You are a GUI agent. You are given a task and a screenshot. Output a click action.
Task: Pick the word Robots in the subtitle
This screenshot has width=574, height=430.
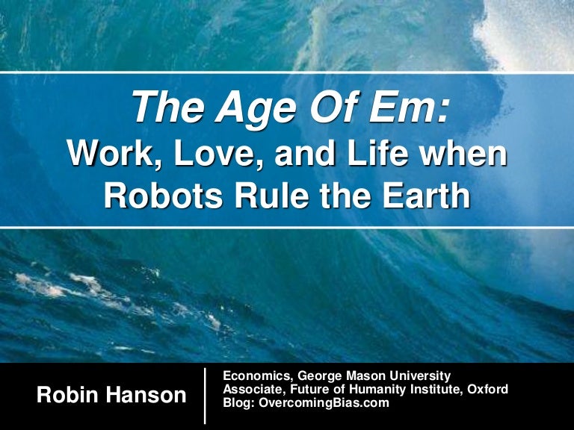pyautogui.click(x=163, y=195)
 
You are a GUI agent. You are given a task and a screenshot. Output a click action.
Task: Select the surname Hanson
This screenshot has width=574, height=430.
pyautogui.click(x=146, y=395)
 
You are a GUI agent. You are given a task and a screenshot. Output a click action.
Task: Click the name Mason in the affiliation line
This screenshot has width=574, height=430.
pyautogui.click(x=366, y=376)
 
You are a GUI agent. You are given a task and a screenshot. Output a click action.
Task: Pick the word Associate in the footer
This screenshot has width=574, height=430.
pyautogui.click(x=254, y=390)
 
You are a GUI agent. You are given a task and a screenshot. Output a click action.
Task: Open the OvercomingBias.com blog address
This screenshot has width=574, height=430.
pyautogui.click(x=324, y=403)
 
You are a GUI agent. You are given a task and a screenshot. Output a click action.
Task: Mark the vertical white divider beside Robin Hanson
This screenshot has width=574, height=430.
pyautogui.click(x=205, y=396)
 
